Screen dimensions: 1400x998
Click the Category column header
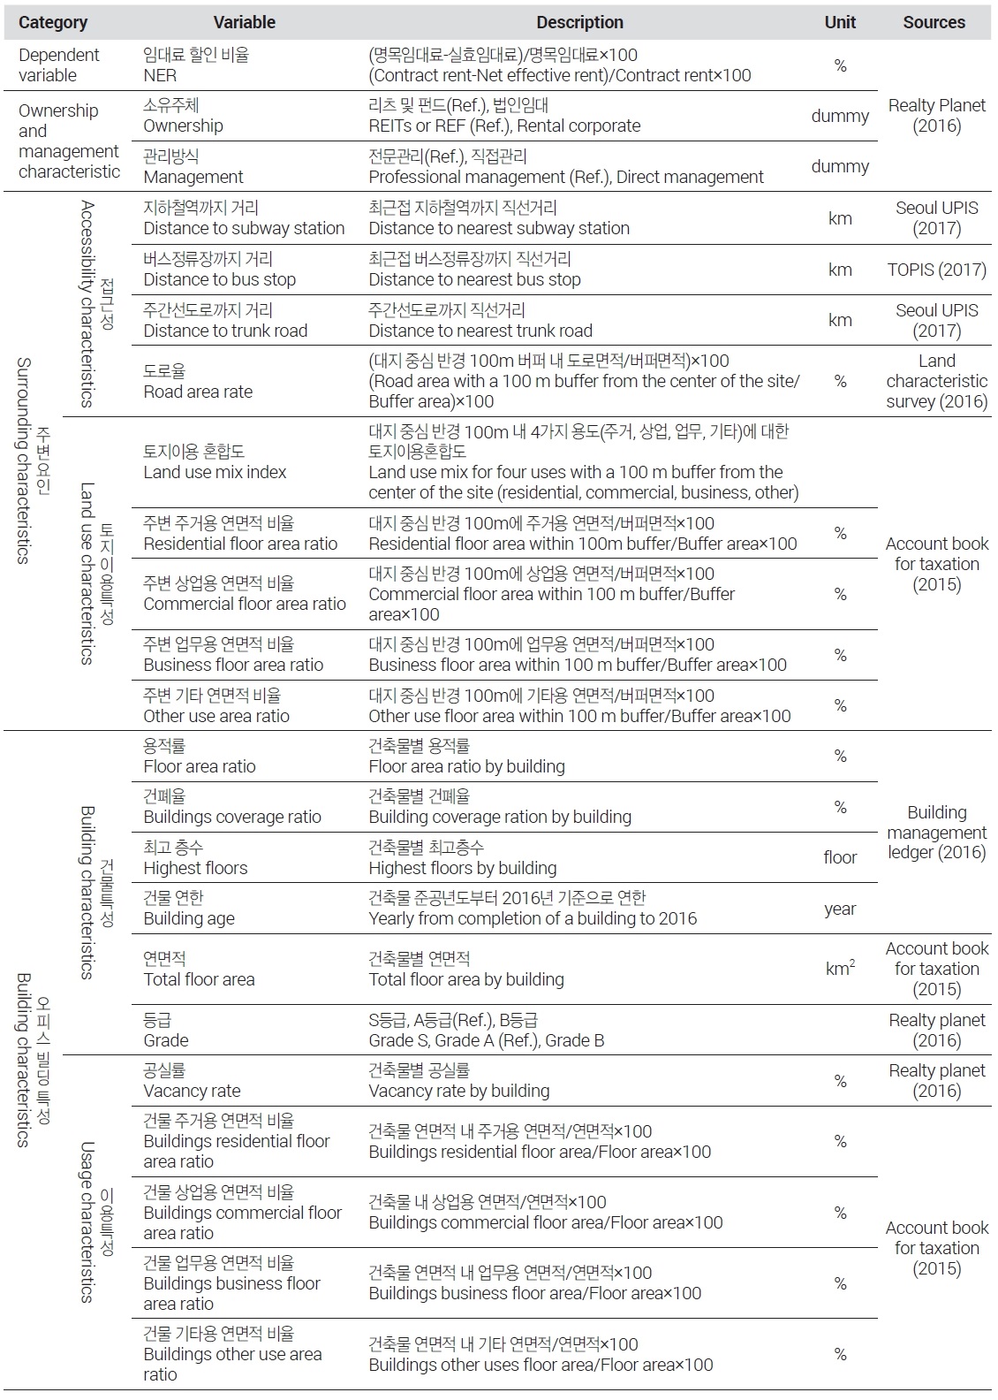pos(53,22)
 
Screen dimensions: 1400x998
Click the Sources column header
pos(934,22)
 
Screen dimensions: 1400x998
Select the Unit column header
pos(840,22)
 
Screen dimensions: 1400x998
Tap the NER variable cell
pos(196,65)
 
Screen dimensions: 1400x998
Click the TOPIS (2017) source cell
pos(936,270)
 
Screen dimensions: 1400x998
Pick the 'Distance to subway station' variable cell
pos(244,218)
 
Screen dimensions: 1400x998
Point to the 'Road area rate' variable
pos(198,381)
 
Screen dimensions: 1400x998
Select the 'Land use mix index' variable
pos(215,461)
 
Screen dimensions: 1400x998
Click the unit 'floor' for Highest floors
pos(840,857)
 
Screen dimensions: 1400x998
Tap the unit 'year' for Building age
pos(840,909)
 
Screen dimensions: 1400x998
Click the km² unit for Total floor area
pos(840,969)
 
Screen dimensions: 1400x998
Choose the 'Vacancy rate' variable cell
pos(192,1080)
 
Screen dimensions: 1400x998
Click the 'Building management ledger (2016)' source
pos(936,833)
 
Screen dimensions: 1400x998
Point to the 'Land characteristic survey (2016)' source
pos(936,381)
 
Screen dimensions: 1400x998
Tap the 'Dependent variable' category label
pos(58,65)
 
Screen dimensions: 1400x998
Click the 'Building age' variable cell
pos(189,909)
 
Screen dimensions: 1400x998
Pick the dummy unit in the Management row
pos(840,166)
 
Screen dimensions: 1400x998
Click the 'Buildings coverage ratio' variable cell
pos(232,807)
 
